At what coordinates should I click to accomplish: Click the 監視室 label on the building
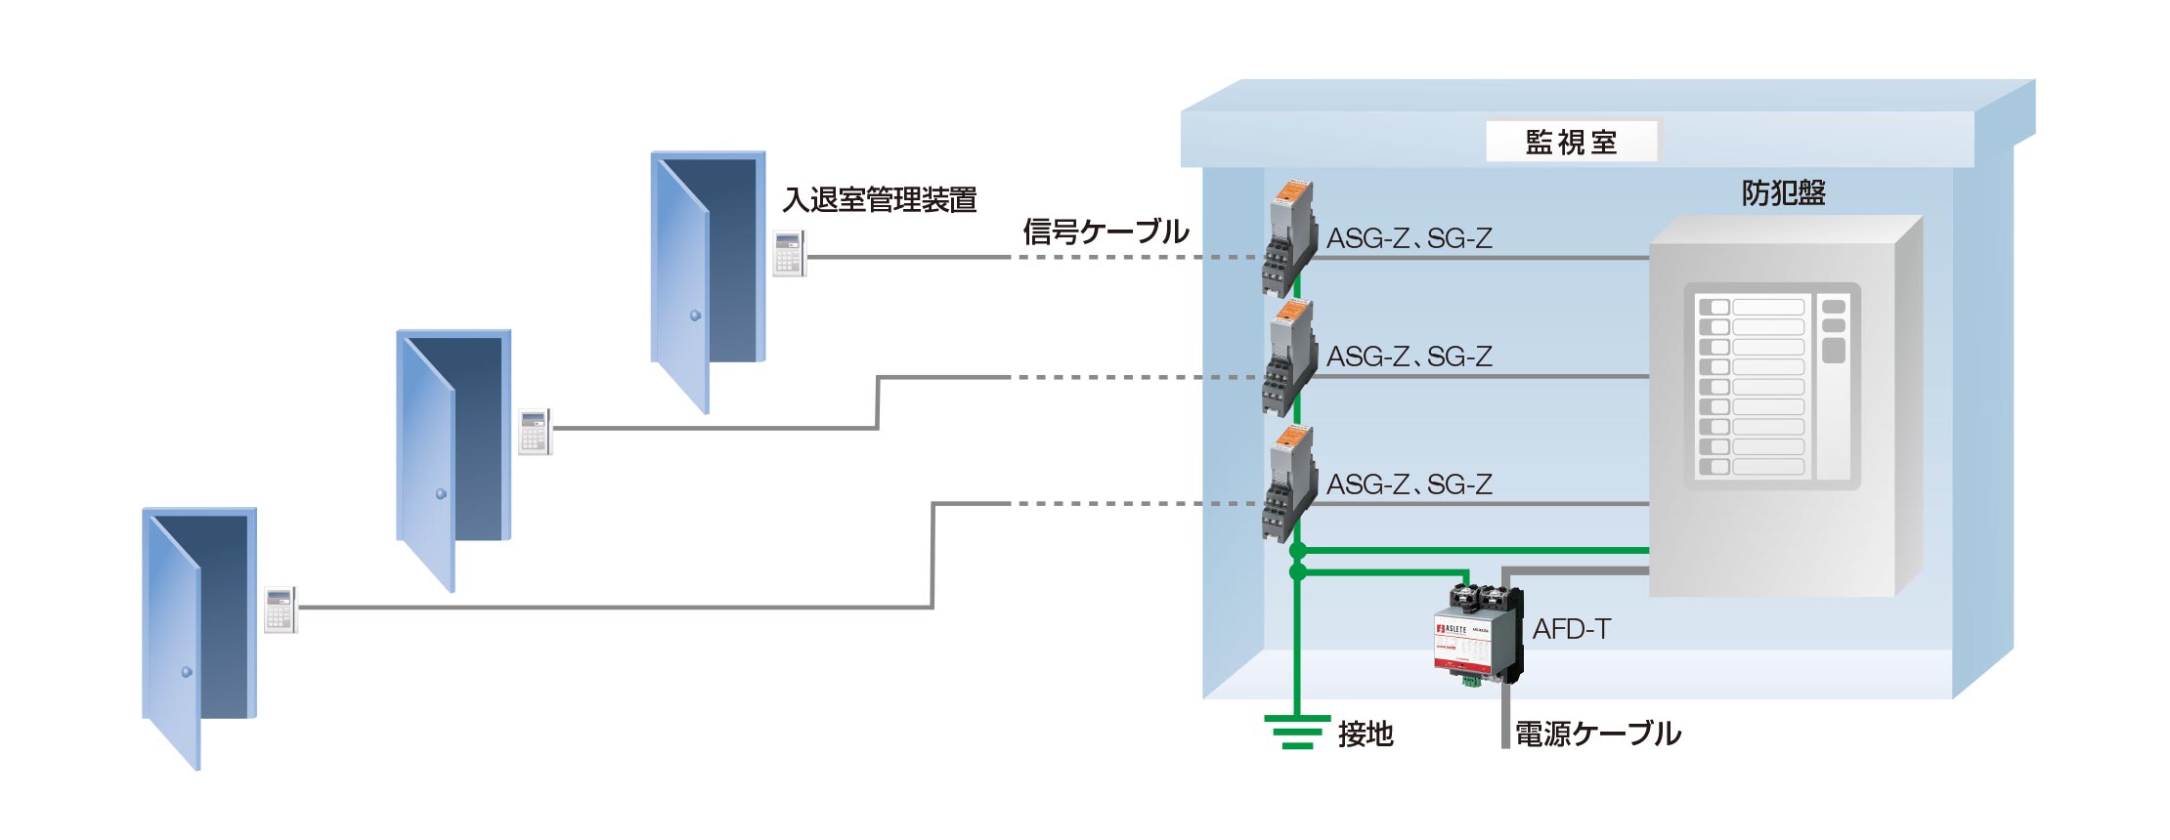pos(1571,143)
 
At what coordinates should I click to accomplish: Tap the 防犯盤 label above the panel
pos(1783,193)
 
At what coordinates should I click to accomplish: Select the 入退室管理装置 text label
pos(880,200)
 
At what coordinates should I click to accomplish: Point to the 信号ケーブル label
pos(1106,231)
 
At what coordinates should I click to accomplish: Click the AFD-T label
pos(1571,629)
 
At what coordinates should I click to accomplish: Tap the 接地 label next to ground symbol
pos(1366,734)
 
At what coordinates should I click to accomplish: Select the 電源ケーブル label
pos(1597,734)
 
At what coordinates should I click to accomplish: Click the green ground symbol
pos(1297,731)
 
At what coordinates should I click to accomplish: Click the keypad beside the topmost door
pos(789,253)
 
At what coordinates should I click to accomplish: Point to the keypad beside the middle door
pos(534,431)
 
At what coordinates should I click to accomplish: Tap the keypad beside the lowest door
pos(280,609)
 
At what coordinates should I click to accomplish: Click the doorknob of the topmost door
pos(695,315)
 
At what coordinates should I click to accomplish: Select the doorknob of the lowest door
pos(187,672)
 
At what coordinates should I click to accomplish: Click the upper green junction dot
pos(1298,552)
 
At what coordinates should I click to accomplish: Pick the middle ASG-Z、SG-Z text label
pos(1409,357)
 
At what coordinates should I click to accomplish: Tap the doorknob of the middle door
pos(441,493)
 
